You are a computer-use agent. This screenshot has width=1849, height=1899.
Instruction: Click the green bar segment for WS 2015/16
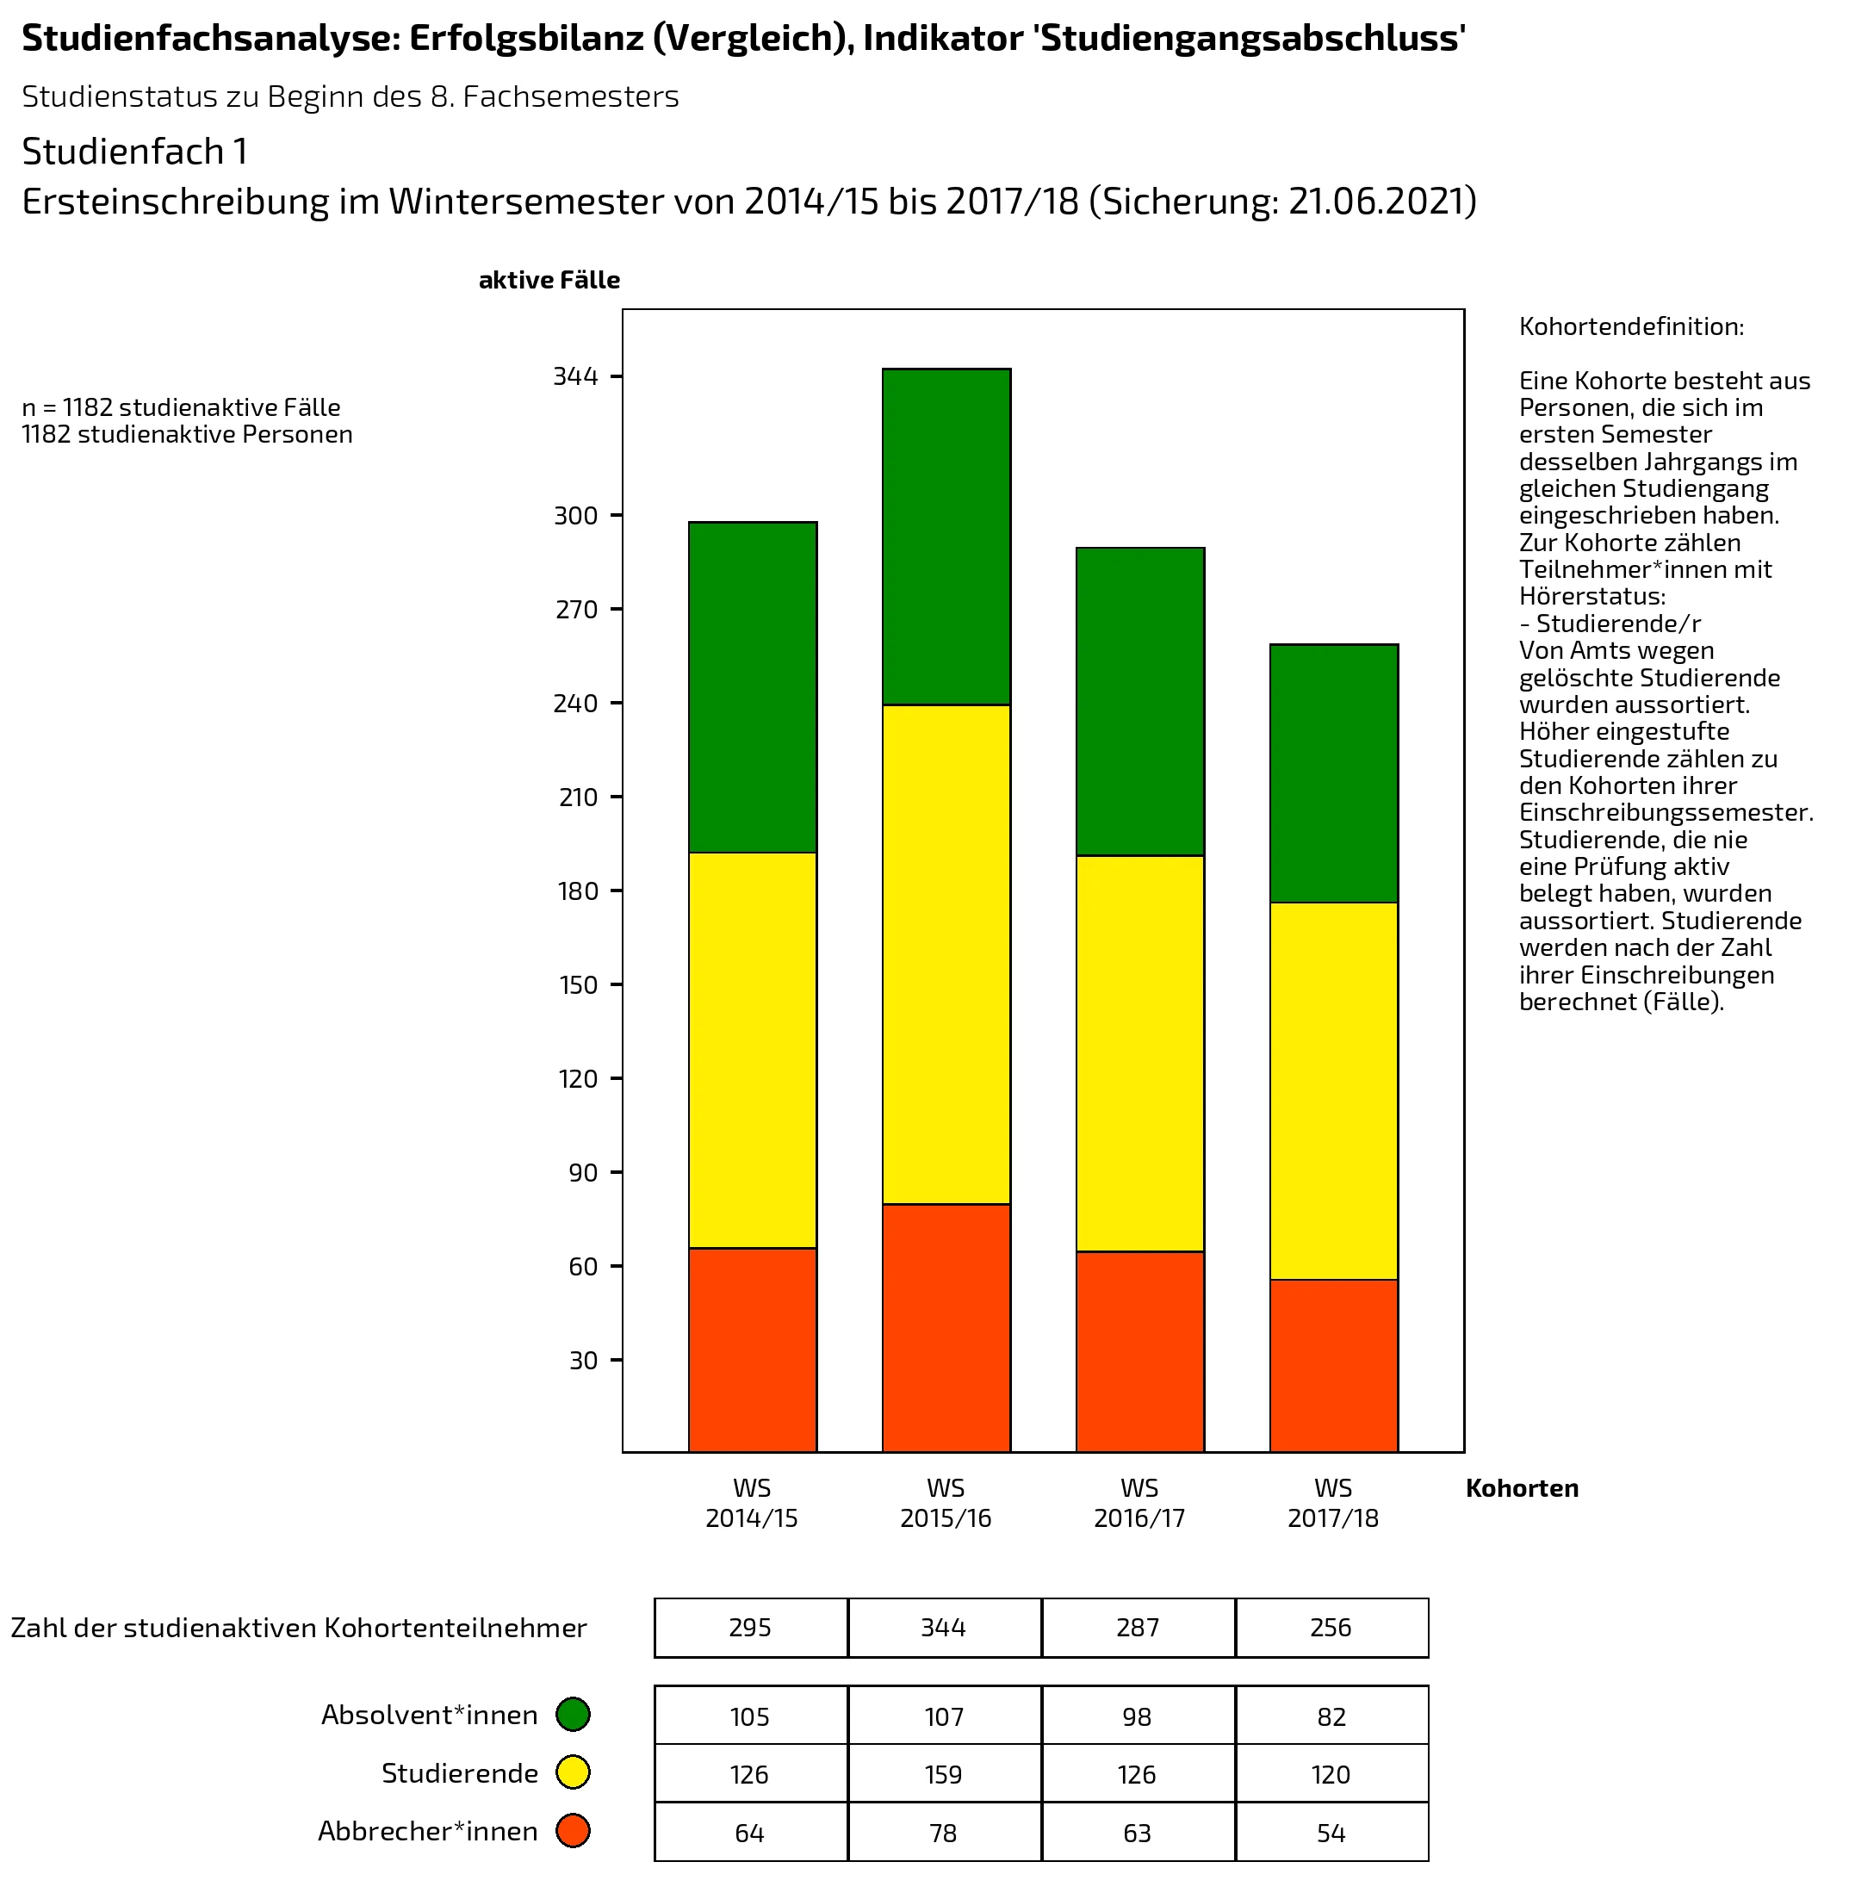point(946,537)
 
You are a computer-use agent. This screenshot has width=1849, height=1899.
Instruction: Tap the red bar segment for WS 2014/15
point(753,1350)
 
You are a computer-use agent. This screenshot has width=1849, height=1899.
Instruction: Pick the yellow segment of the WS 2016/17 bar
point(1140,1053)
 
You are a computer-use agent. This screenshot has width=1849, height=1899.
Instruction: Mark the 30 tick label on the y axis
point(583,1360)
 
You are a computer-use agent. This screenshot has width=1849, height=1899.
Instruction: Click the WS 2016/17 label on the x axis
point(1139,1503)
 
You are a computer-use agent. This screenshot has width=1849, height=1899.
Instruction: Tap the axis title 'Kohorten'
point(1522,1488)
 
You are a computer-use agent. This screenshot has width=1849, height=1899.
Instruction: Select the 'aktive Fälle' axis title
point(549,281)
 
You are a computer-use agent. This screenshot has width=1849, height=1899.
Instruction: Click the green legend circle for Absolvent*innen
point(573,1715)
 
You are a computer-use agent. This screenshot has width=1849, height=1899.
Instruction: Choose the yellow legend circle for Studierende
point(573,1772)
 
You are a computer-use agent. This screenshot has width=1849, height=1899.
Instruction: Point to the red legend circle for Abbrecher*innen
point(573,1831)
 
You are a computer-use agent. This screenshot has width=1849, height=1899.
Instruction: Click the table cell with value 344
point(944,1627)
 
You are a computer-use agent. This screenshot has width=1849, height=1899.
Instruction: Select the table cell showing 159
point(944,1775)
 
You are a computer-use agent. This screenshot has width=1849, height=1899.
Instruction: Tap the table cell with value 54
point(1331,1833)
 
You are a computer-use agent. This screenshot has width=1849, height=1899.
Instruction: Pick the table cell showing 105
point(750,1716)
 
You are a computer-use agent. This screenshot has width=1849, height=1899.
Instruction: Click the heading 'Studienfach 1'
point(135,152)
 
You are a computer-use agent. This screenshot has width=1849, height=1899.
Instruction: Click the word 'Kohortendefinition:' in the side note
point(1631,326)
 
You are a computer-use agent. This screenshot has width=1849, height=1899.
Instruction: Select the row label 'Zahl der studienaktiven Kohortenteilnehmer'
point(299,1628)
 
